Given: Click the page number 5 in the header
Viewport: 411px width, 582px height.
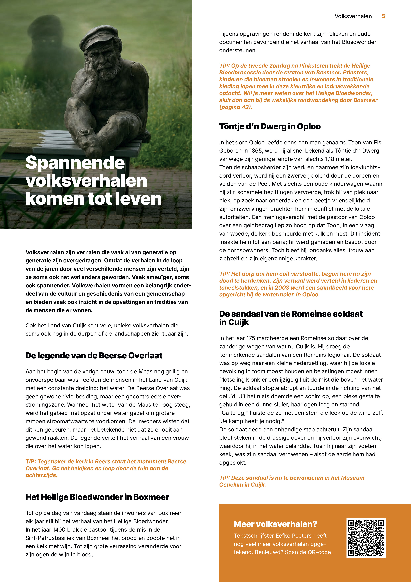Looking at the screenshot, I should tap(383, 16).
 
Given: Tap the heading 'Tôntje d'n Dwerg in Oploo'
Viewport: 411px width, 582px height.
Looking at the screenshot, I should tap(270, 126).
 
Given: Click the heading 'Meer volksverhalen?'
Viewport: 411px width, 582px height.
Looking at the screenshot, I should tap(275, 524).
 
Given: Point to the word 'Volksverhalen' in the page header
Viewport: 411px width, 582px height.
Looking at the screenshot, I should tap(353, 16).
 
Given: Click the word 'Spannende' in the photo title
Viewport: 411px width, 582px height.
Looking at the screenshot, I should tap(75, 163).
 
